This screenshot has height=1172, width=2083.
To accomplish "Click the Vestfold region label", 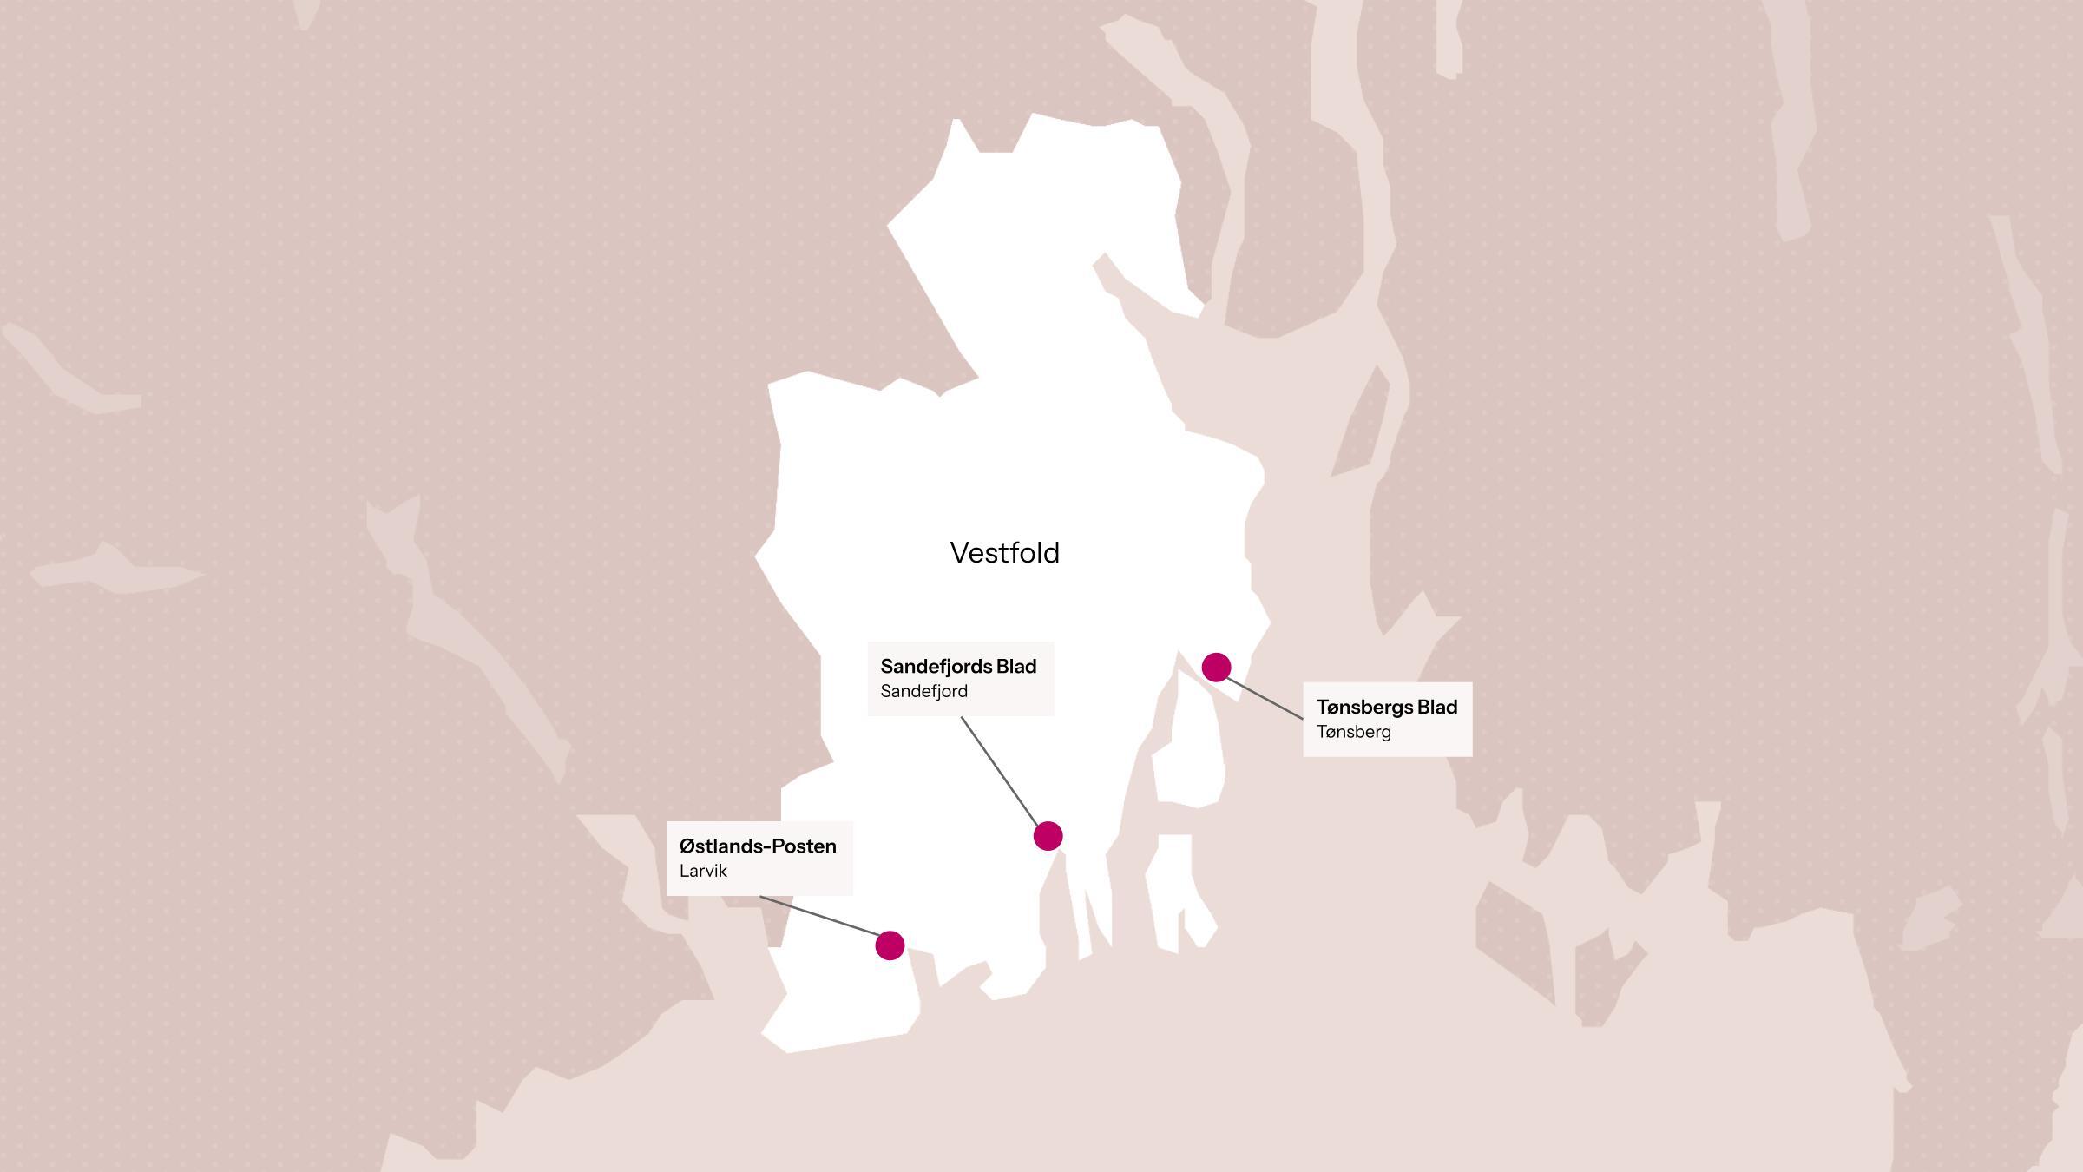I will (x=1004, y=553).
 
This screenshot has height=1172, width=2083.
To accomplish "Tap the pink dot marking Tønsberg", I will (x=1216, y=667).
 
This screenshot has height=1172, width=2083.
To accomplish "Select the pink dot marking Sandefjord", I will (x=1048, y=836).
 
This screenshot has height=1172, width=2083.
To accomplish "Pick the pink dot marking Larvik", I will (x=890, y=945).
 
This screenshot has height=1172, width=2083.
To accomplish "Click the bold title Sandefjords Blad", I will (x=958, y=667).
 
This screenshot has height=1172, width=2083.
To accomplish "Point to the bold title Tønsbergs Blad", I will (x=1386, y=708).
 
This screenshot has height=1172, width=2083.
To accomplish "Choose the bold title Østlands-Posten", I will (x=758, y=846).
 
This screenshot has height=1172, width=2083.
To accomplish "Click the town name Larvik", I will (x=703, y=871).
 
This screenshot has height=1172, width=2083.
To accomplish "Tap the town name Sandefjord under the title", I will (x=923, y=691).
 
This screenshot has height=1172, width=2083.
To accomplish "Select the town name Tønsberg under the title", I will (x=1353, y=732).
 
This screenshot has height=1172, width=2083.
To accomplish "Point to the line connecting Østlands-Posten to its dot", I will (x=819, y=916).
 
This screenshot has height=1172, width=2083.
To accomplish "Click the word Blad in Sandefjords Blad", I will (x=1016, y=667).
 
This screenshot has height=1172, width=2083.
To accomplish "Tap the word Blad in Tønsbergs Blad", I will (x=1437, y=708).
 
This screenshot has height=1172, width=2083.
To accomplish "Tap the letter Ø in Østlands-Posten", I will (x=687, y=846).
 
